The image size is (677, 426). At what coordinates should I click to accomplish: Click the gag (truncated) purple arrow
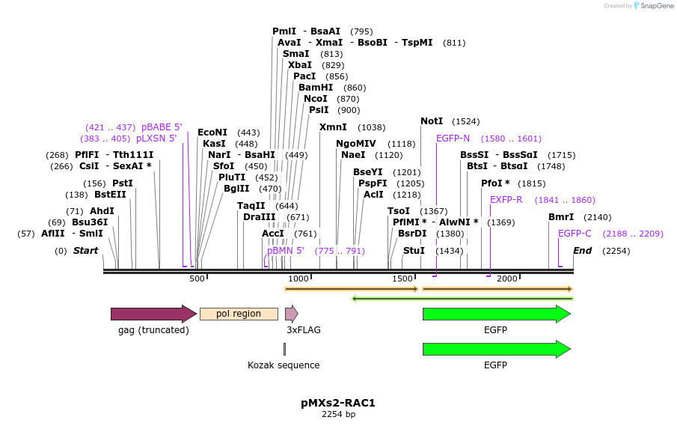pyautogui.click(x=153, y=314)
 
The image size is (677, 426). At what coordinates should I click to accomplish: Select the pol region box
pyautogui.click(x=239, y=314)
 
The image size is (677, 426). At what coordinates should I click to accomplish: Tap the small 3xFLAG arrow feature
pyautogui.click(x=291, y=314)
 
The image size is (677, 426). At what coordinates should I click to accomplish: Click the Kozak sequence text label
pyautogui.click(x=284, y=365)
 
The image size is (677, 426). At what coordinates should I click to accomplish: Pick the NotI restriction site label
pyautogui.click(x=432, y=121)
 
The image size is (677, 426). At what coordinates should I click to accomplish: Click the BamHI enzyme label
pyautogui.click(x=316, y=88)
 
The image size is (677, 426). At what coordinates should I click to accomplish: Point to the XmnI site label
pyautogui.click(x=333, y=127)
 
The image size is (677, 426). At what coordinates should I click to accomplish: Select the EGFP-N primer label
pyautogui.click(x=453, y=139)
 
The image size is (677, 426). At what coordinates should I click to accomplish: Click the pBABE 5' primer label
pyautogui.click(x=162, y=127)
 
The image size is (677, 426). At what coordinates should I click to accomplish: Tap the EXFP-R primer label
pyautogui.click(x=506, y=200)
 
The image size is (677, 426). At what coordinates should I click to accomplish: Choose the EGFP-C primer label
pyautogui.click(x=575, y=234)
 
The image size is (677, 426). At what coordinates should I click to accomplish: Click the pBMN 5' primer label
pyautogui.click(x=286, y=251)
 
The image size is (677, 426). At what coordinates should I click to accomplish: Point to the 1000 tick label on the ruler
pyautogui.click(x=298, y=279)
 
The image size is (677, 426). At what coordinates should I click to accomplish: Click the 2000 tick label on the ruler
pyautogui.click(x=506, y=279)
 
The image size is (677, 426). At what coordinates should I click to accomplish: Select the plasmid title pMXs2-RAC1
pyautogui.click(x=338, y=403)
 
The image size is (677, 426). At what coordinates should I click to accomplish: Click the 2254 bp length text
pyautogui.click(x=338, y=414)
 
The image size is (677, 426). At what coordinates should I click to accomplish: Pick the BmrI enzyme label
pyautogui.click(x=561, y=217)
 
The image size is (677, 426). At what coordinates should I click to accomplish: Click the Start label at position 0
pyautogui.click(x=85, y=251)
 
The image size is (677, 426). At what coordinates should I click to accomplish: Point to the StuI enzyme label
pyautogui.click(x=414, y=251)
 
